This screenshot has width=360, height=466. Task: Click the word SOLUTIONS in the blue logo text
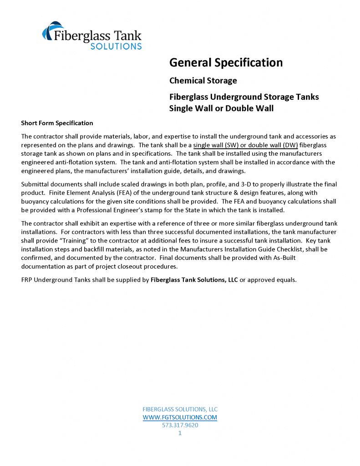[116, 46]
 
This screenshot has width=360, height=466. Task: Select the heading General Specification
[226, 62]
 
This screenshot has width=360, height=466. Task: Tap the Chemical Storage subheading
[203, 81]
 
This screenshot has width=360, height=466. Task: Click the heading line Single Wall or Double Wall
[221, 108]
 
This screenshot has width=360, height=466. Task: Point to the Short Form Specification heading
[57, 123]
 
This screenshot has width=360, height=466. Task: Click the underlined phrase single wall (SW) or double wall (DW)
[246, 145]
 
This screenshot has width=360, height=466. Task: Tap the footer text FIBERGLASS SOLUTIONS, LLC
[180, 409]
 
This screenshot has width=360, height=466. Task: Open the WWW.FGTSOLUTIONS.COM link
[180, 417]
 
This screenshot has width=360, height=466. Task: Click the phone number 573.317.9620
[180, 425]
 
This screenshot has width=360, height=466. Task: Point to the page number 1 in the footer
[180, 433]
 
